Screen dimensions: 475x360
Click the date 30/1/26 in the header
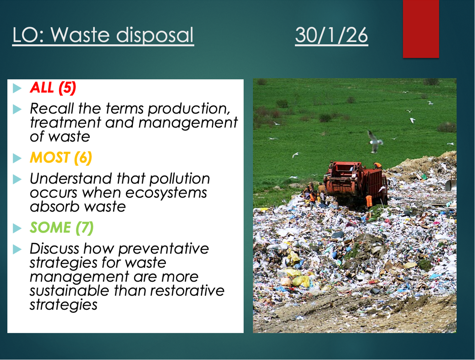click(x=331, y=35)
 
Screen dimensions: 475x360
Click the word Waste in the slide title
click(x=80, y=35)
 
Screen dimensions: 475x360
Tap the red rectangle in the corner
click(x=421, y=29)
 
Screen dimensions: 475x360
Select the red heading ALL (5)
click(x=53, y=88)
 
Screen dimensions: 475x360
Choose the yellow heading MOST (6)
click(x=61, y=158)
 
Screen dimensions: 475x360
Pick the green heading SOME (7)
click(x=62, y=227)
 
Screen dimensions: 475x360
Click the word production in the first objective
click(x=189, y=109)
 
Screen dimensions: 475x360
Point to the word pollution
click(x=180, y=179)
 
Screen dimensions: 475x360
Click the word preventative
click(x=164, y=249)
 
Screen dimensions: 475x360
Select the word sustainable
click(x=69, y=291)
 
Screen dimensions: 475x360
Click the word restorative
click(x=188, y=291)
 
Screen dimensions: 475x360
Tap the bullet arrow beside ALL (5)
click(x=17, y=88)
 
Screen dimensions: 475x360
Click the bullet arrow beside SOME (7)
click(x=17, y=228)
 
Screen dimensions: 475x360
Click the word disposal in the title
click(x=155, y=35)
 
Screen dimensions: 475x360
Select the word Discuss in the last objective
click(x=54, y=249)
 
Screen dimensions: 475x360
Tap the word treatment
click(x=66, y=123)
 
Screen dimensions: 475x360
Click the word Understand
click(x=71, y=179)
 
